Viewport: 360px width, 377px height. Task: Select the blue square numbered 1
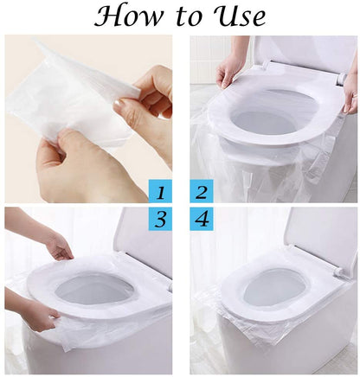click(159, 190)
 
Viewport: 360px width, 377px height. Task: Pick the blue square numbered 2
click(201, 190)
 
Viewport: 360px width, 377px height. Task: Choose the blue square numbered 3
click(159, 219)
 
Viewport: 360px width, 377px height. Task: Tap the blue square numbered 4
click(201, 219)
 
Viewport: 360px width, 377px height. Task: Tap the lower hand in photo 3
click(39, 314)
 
